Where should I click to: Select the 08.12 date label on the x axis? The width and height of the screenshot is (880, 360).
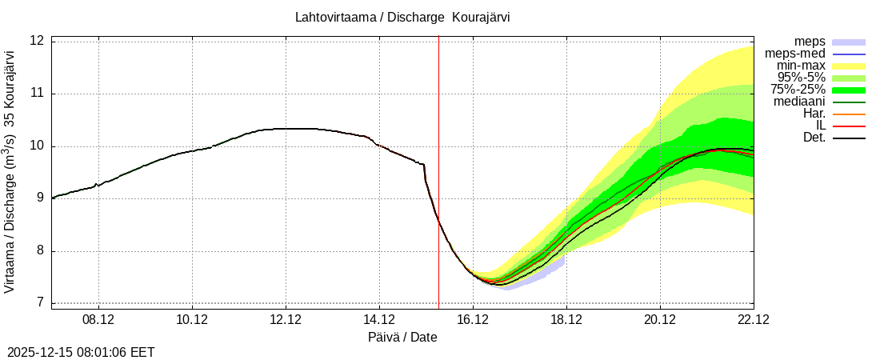tap(98, 320)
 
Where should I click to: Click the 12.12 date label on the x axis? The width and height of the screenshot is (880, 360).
tap(286, 320)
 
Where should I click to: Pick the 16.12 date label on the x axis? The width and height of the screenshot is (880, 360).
tap(473, 320)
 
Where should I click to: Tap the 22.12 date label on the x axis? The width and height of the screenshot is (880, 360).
tap(753, 320)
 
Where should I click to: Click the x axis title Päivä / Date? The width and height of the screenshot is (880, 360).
tap(402, 338)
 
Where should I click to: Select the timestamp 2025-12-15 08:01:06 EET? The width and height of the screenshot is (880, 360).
tap(81, 352)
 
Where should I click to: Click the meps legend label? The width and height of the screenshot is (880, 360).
tap(810, 42)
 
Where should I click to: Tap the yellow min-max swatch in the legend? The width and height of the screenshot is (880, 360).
tap(850, 66)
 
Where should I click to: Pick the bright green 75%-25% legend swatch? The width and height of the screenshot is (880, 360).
tap(850, 90)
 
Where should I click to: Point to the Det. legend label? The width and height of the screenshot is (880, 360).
tap(814, 138)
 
